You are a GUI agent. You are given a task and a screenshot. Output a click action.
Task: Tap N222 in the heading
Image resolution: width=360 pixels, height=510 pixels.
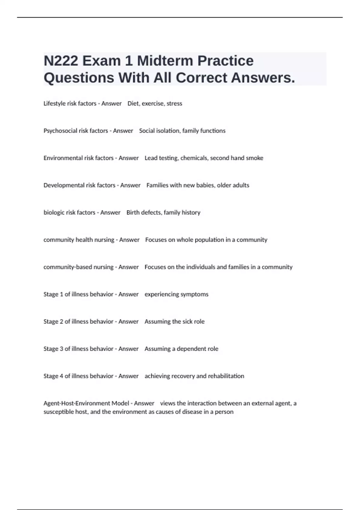coord(61,61)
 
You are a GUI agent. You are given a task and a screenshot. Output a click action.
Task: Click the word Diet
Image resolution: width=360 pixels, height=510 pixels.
coord(133,103)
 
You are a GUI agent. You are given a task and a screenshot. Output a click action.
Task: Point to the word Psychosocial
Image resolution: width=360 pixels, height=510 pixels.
coord(60,131)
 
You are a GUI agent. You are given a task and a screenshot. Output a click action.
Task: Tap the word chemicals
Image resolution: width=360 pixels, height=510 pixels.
coord(194,158)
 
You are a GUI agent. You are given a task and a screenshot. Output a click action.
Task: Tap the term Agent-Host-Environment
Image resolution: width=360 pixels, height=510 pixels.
coord(76,403)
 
